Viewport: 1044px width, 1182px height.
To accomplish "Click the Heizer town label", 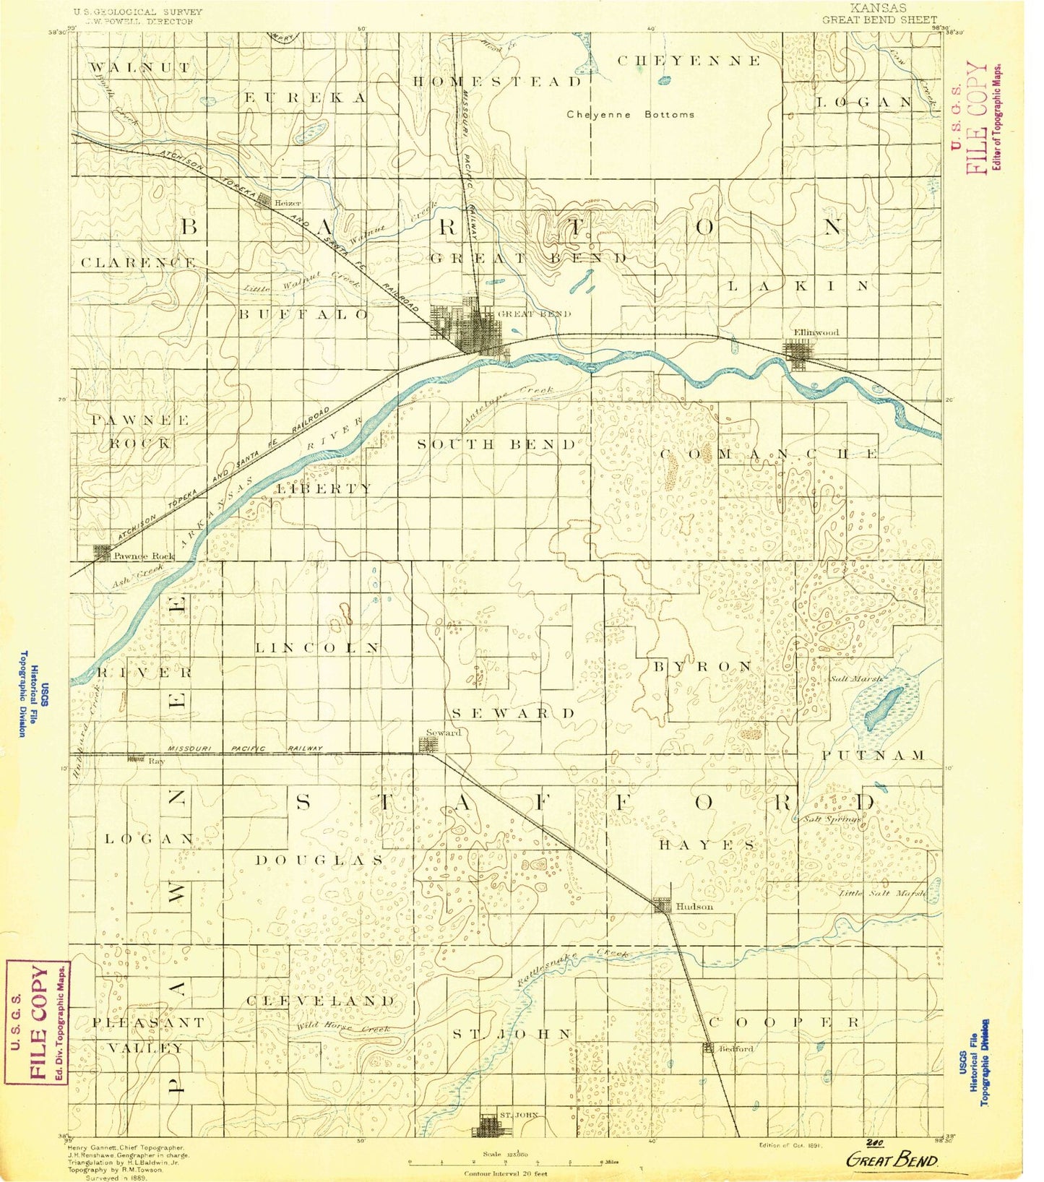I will click(x=288, y=203).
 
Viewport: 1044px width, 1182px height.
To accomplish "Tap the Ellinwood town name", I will click(x=816, y=332).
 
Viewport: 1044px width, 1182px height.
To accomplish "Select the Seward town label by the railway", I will click(x=443, y=733).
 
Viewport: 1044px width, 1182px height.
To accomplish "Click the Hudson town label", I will click(x=694, y=906).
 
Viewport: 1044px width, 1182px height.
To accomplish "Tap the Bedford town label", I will click(x=735, y=1048).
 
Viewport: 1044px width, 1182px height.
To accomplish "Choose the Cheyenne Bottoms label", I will click(x=630, y=114).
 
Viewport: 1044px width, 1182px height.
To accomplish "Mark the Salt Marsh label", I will click(x=857, y=678).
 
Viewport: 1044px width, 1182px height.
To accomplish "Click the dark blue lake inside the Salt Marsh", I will click(x=884, y=708).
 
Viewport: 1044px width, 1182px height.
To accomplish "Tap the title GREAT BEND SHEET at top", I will click(x=879, y=20).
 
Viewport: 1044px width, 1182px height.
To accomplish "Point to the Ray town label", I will click(x=157, y=761).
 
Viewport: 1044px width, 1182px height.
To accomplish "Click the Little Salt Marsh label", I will click(x=882, y=894).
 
